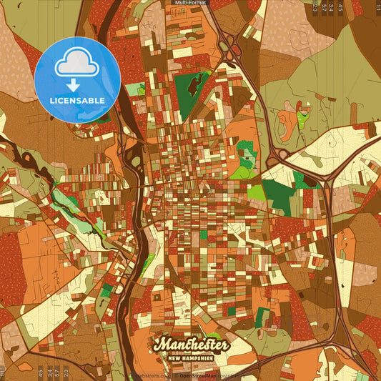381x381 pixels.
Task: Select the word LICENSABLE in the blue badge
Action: [77, 99]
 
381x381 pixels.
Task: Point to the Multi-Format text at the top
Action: [190, 3]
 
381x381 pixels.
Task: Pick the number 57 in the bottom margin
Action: [56, 372]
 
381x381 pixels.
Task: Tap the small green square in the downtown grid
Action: [203, 234]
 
